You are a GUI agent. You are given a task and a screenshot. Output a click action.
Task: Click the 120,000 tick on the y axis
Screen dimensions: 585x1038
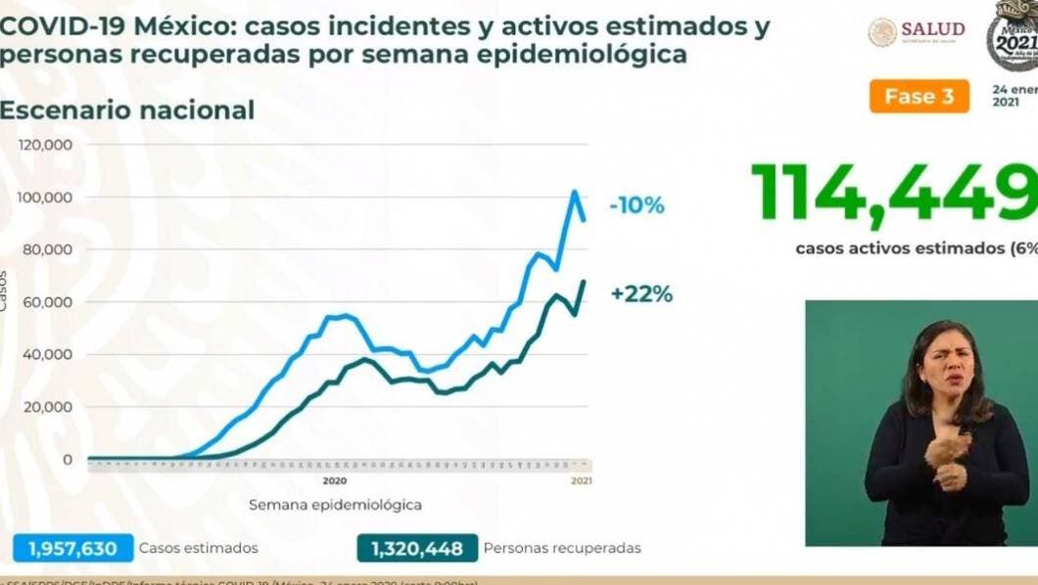pyautogui.click(x=46, y=146)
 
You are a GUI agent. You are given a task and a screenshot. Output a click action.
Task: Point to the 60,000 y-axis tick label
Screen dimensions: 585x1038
pyautogui.click(x=50, y=302)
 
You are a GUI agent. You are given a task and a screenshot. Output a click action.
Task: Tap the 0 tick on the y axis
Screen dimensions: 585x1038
pyautogui.click(x=67, y=459)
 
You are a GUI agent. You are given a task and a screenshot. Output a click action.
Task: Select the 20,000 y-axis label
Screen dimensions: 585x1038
pyautogui.click(x=50, y=407)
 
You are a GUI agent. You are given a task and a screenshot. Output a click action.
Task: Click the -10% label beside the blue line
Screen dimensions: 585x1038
pyautogui.click(x=636, y=205)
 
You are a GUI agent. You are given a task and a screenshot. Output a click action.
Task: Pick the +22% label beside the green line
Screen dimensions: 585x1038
pyautogui.click(x=641, y=293)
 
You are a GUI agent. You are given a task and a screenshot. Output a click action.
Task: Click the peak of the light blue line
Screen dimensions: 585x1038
pyautogui.click(x=575, y=192)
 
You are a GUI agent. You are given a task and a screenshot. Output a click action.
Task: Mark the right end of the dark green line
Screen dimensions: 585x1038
pyautogui.click(x=584, y=282)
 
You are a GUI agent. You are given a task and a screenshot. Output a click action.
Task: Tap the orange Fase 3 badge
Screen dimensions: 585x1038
pyautogui.click(x=919, y=96)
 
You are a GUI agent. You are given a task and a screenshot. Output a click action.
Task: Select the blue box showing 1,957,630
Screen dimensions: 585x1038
pyautogui.click(x=72, y=548)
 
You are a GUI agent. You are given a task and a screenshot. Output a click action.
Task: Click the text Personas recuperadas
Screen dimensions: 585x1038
pyautogui.click(x=562, y=548)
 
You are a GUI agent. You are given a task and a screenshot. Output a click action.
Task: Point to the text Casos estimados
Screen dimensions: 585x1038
pyautogui.click(x=199, y=548)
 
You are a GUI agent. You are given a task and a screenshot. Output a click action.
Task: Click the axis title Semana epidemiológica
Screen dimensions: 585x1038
pyautogui.click(x=335, y=505)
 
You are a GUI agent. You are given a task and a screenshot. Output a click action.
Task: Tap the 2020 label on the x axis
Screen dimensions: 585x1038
pyautogui.click(x=335, y=481)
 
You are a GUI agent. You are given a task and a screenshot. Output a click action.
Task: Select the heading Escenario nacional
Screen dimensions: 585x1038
pyautogui.click(x=127, y=111)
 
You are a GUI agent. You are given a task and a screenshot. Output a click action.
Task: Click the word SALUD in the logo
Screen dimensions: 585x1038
pyautogui.click(x=932, y=30)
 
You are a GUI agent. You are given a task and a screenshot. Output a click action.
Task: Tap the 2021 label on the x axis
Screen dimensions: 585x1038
pyautogui.click(x=581, y=481)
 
